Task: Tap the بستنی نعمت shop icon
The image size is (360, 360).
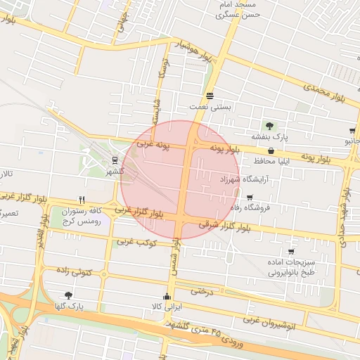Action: (210, 96)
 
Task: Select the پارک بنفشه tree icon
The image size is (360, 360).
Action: (270, 126)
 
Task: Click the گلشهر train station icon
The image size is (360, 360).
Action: (115, 159)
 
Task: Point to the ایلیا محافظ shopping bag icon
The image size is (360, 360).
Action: (271, 150)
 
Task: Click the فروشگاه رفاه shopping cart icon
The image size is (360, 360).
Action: (250, 198)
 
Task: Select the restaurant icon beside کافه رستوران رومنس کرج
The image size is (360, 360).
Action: (82, 200)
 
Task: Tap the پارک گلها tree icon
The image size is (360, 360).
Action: (68, 295)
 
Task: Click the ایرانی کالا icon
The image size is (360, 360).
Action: (167, 296)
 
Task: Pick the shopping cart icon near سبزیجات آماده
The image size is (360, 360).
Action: (291, 251)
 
